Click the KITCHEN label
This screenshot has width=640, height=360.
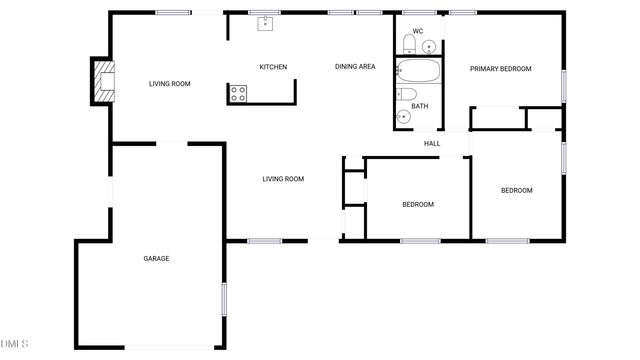tap(273, 67)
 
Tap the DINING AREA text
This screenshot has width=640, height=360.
tap(355, 67)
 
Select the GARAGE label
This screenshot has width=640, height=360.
tap(156, 259)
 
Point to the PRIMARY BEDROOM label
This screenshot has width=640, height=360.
tap(501, 69)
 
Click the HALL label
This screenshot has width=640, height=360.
tap(432, 144)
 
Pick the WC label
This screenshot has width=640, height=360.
tap(417, 32)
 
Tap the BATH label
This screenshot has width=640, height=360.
tap(419, 106)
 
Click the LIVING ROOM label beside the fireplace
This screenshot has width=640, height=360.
tap(170, 84)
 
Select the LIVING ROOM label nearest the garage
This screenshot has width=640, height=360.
tap(283, 179)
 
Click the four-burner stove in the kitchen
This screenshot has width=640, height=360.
tap(239, 94)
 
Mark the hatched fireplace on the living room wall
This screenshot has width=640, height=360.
tap(102, 81)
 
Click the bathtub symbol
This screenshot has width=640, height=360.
tap(419, 71)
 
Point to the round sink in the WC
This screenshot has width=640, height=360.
tap(430, 46)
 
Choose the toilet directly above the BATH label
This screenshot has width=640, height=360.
tap(406, 94)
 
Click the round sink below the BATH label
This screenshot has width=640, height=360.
tap(403, 117)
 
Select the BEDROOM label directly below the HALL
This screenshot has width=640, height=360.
tap(418, 205)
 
